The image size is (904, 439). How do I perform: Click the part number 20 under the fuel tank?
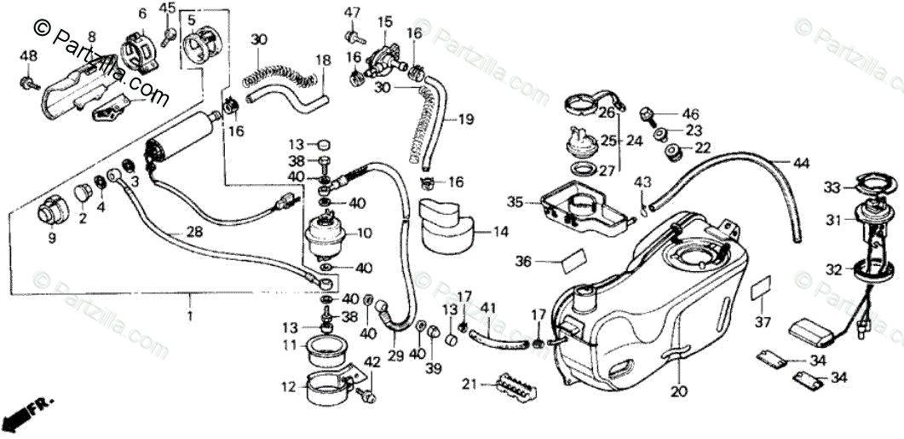point(678,393)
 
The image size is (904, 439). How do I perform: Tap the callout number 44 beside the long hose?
point(801,163)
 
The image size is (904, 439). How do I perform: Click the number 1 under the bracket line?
point(190,315)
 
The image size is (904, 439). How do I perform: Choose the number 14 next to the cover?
point(499,231)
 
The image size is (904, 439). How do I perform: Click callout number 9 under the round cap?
point(51,239)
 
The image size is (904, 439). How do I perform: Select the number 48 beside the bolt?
point(28,55)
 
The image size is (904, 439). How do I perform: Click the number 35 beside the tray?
point(514,202)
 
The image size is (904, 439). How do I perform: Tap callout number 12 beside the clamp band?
point(290,386)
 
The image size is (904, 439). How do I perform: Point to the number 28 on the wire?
point(194,232)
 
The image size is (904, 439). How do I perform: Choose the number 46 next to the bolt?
point(690,113)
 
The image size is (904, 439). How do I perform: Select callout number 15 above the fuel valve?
point(385,20)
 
